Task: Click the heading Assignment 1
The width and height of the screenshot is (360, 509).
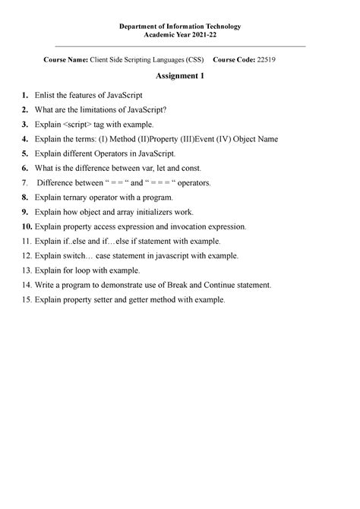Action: click(x=179, y=77)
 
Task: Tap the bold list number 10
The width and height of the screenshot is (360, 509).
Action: click(x=27, y=226)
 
